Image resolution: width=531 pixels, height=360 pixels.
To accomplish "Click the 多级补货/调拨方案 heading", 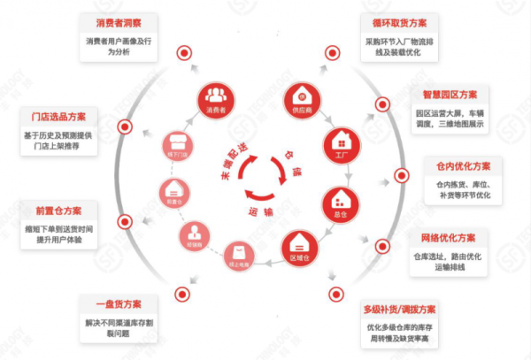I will (400, 310).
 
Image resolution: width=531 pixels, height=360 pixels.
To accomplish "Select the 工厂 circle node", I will (341, 143).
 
